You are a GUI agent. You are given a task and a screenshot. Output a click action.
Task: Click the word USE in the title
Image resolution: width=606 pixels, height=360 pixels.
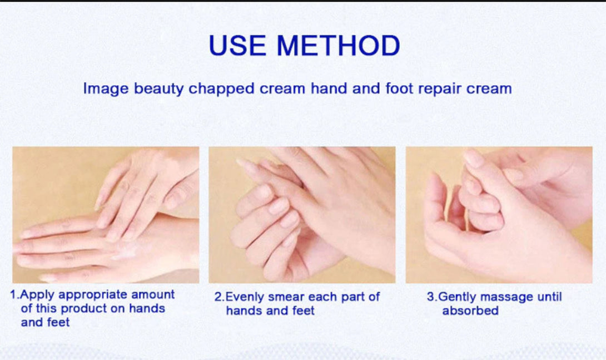click(237, 45)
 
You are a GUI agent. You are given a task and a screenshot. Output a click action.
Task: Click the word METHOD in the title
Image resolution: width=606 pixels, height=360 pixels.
click(338, 45)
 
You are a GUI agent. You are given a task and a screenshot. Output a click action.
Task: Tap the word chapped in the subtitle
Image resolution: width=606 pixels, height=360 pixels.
click(221, 89)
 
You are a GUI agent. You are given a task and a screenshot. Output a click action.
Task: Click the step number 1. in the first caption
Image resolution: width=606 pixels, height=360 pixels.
click(14, 295)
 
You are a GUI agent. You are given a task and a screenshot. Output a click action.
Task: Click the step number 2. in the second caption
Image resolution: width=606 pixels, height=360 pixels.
click(220, 297)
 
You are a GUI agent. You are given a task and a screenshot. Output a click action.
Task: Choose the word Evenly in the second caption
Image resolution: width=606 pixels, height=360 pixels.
click(245, 298)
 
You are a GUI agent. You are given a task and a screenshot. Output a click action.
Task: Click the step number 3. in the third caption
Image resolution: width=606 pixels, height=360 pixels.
click(432, 297)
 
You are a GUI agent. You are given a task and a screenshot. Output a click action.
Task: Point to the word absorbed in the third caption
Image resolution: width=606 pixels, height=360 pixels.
click(470, 310)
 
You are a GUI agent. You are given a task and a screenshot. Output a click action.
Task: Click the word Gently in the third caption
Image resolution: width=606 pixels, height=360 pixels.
click(456, 298)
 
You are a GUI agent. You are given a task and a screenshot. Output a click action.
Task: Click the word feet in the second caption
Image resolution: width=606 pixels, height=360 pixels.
click(304, 310)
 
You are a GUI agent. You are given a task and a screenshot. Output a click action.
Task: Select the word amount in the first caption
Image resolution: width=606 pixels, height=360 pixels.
click(153, 295)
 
